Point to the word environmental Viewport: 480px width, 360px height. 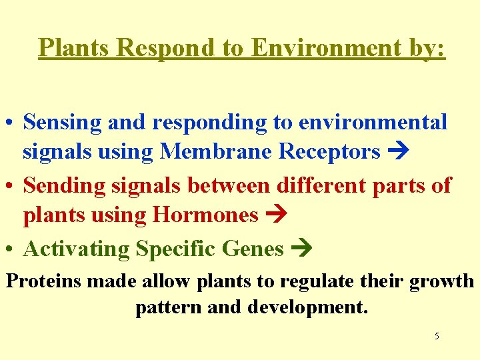point(373,123)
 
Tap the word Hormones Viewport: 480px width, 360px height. point(205,215)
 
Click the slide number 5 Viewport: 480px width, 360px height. point(437,336)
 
